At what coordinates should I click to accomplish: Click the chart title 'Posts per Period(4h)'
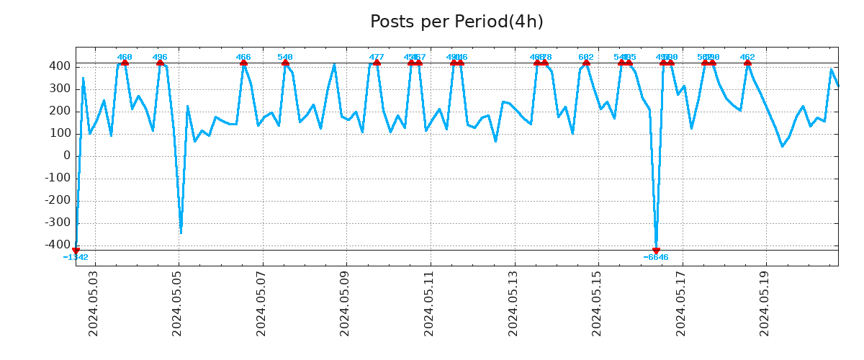(456, 22)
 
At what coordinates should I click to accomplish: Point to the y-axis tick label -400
(58, 246)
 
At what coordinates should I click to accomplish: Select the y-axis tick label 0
(66, 156)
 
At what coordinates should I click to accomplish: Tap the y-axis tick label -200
(58, 201)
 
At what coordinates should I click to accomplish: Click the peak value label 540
(285, 57)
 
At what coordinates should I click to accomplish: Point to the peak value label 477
(377, 57)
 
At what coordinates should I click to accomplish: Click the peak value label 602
(586, 57)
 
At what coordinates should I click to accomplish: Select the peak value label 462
(747, 57)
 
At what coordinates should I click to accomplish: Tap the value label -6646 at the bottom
(656, 258)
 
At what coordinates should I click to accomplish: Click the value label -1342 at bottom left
(76, 258)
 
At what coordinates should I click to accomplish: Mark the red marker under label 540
(285, 63)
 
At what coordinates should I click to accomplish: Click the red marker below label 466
(243, 63)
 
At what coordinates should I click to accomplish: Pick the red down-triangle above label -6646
(656, 251)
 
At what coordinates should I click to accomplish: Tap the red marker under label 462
(747, 63)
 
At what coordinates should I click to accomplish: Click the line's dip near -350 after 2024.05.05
(181, 233)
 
